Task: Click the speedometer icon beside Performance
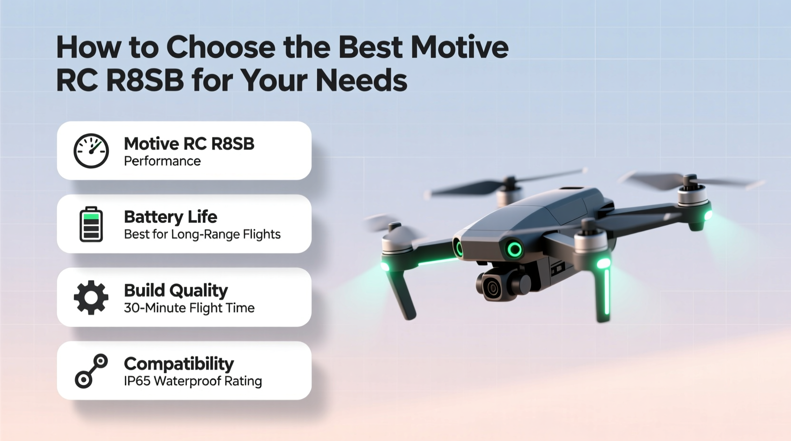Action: [x=91, y=151]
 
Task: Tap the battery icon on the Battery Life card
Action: [x=91, y=224]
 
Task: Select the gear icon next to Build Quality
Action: [x=91, y=297]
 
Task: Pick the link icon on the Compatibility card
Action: [x=91, y=371]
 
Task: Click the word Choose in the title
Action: [x=221, y=48]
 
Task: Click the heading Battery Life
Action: [x=170, y=217]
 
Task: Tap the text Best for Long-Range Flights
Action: [x=202, y=234]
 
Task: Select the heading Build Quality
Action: [x=176, y=290]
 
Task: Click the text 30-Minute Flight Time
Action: [x=189, y=308]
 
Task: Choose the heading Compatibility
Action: [x=179, y=364]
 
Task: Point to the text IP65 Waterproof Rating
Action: [x=193, y=381]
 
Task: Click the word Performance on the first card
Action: [x=162, y=161]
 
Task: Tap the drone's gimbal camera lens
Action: [x=492, y=288]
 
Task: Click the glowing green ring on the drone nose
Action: [x=514, y=249]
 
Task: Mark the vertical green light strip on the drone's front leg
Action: [x=607, y=291]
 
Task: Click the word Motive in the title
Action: [x=459, y=48]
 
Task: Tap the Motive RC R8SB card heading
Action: [x=189, y=144]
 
